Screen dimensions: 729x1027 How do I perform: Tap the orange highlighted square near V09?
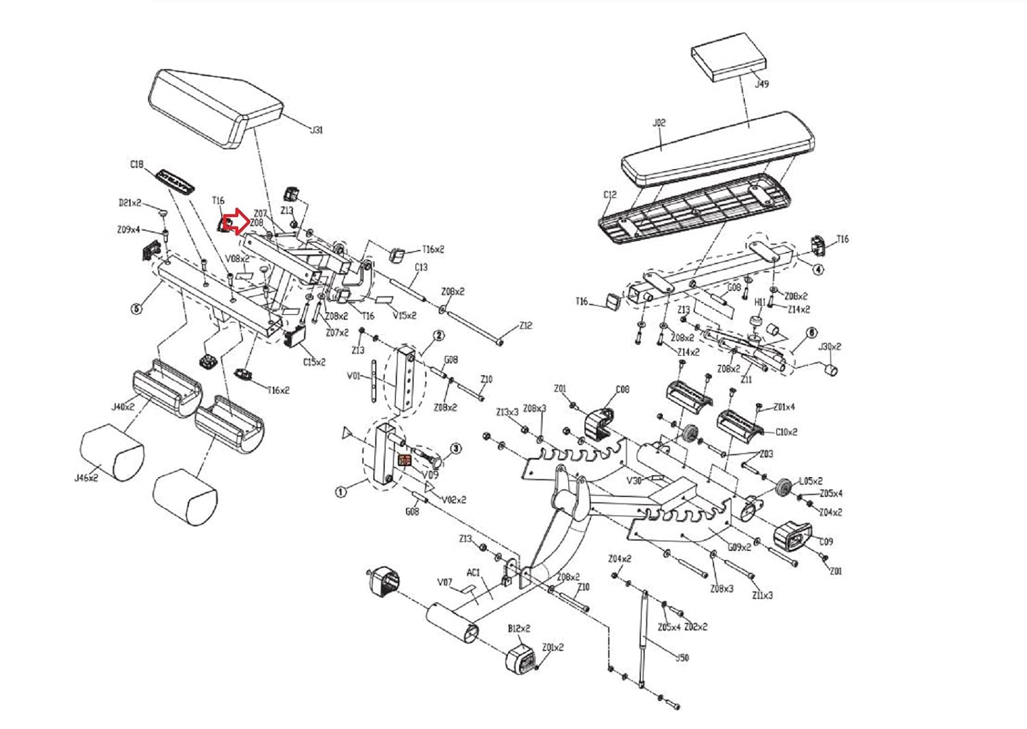(x=404, y=461)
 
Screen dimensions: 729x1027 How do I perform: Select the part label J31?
(x=316, y=131)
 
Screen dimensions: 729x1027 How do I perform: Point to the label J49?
(x=761, y=85)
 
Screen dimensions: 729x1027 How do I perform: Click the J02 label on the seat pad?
(x=659, y=123)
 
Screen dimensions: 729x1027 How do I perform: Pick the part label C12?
(x=610, y=195)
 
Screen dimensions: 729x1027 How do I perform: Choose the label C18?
(x=136, y=164)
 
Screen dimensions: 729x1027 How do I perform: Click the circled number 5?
(x=136, y=309)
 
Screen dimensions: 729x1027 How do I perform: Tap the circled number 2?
(x=439, y=335)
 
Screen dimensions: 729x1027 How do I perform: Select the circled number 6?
(x=812, y=333)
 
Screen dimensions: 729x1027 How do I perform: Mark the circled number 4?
(x=818, y=269)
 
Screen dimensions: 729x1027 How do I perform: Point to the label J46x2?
(x=86, y=478)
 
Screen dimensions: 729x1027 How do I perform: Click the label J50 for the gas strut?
(x=682, y=658)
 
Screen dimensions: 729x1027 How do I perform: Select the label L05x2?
(x=811, y=481)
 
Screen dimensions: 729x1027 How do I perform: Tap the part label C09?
(x=826, y=541)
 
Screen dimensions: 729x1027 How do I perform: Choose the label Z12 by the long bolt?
(x=525, y=327)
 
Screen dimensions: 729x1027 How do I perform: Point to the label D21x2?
(x=129, y=203)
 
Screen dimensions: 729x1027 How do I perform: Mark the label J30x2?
(x=830, y=346)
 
